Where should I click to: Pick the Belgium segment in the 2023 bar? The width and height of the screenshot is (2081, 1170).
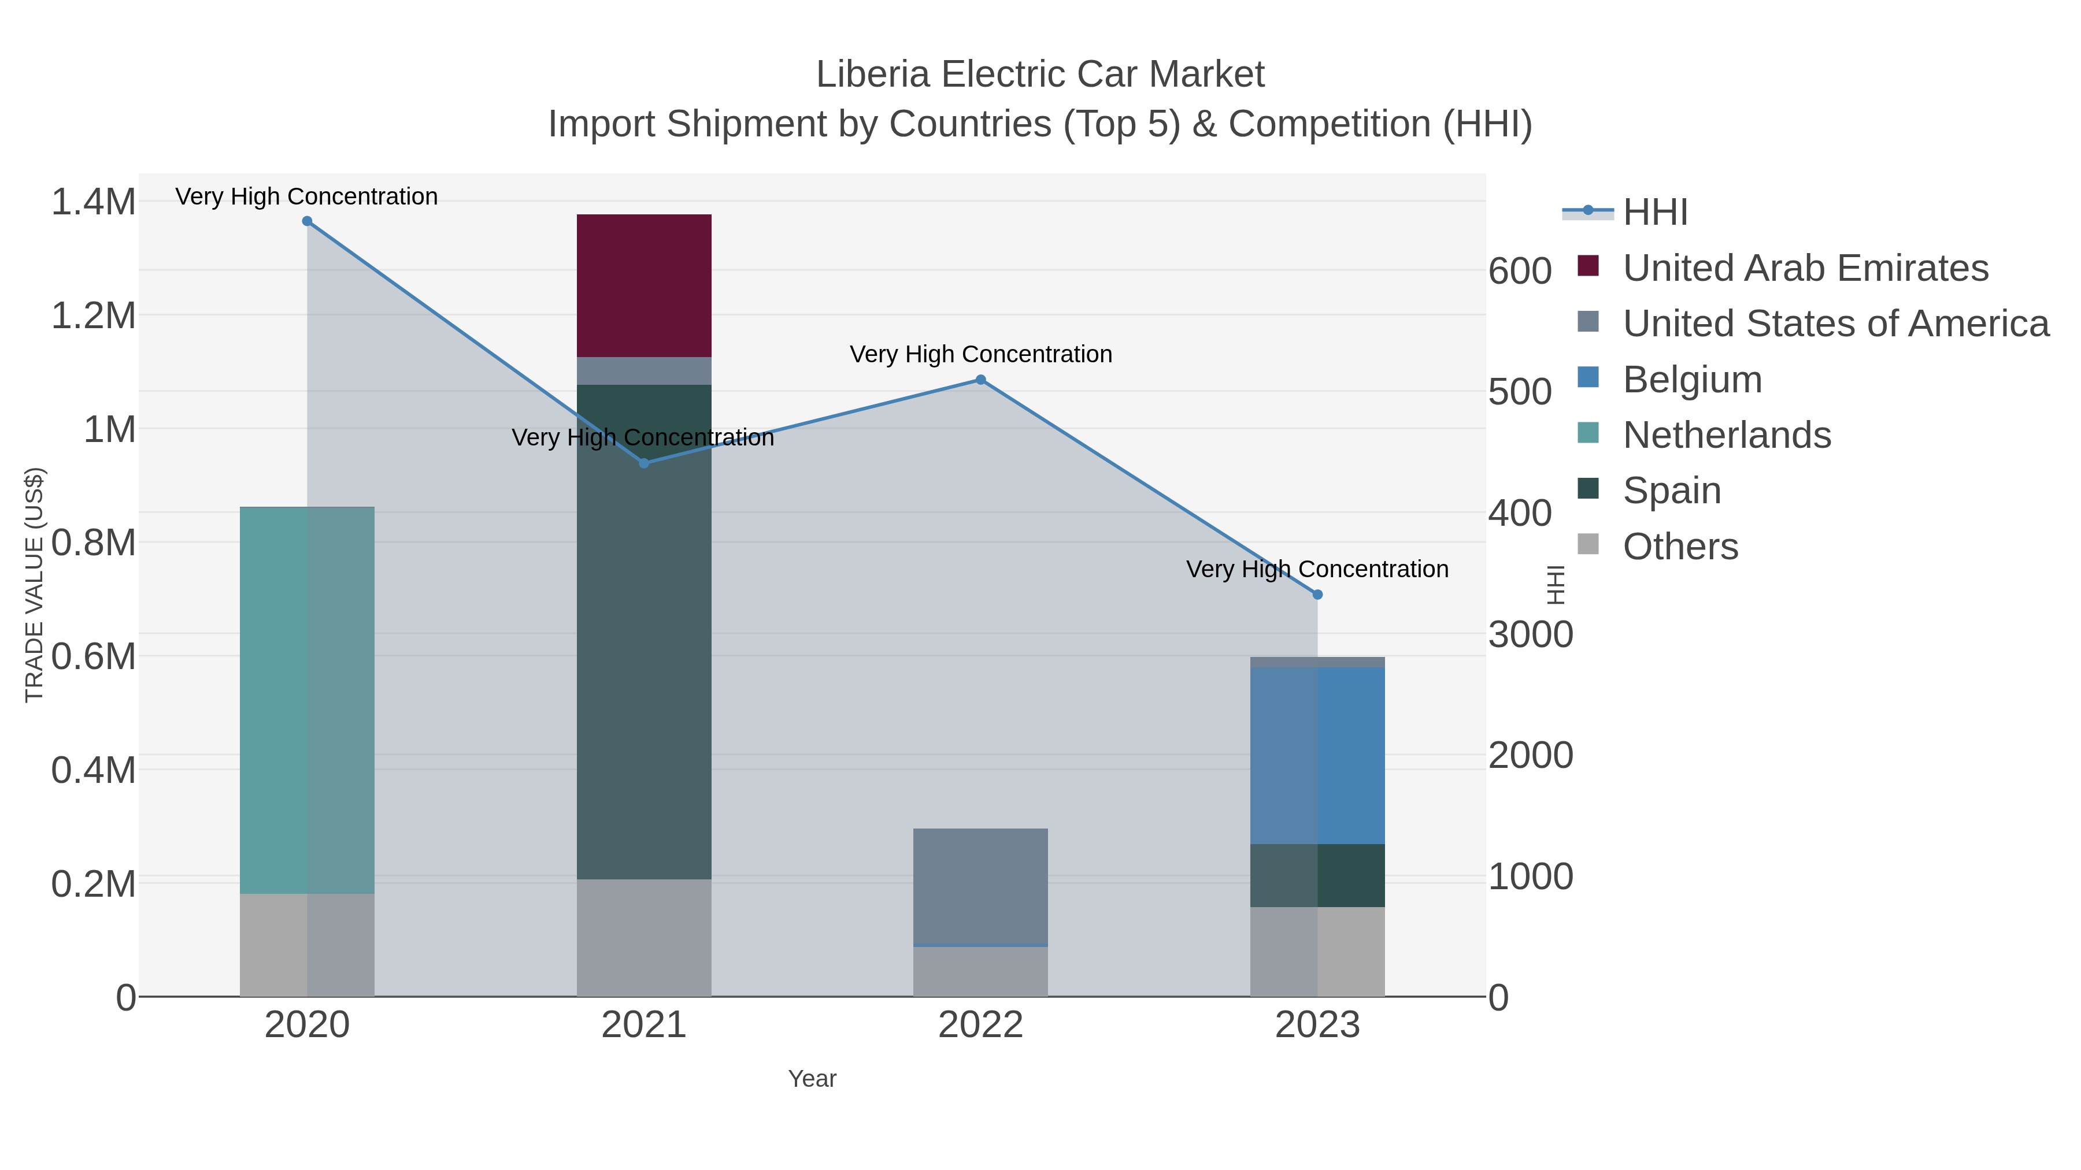point(1317,755)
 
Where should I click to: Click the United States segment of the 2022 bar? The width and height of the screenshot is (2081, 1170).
point(981,886)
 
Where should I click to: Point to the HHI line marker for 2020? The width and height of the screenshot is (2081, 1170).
point(307,221)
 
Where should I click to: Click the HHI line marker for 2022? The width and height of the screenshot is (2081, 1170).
point(981,380)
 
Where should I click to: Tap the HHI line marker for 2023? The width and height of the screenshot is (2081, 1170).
point(1317,595)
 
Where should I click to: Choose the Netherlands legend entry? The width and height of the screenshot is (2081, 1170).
point(1726,435)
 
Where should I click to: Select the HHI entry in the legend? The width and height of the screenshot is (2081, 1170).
point(1654,213)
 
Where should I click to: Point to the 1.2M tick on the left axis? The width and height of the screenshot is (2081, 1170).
point(94,315)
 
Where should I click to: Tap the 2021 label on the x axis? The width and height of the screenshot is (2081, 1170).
point(644,1026)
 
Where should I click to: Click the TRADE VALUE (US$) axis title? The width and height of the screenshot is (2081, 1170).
point(35,585)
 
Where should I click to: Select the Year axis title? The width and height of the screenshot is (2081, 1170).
point(812,1079)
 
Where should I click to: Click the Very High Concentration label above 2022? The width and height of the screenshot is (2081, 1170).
point(981,355)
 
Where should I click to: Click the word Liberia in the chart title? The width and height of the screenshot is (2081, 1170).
point(872,75)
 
